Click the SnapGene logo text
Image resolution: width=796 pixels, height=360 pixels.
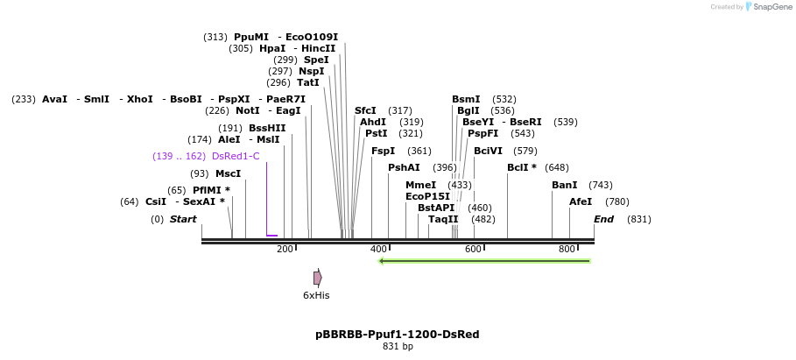[768, 6]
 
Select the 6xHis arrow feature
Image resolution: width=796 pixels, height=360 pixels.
[318, 278]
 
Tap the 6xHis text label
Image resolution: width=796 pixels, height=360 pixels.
[316, 296]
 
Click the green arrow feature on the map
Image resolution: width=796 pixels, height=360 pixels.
[484, 260]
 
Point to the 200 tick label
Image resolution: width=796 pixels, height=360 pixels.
[285, 250]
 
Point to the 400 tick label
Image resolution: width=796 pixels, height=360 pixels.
[378, 250]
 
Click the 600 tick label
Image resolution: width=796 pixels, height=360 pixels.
[473, 250]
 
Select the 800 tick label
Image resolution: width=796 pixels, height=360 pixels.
[567, 250]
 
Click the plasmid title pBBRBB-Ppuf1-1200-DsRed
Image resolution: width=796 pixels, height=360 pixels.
[398, 335]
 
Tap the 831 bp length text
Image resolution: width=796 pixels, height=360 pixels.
[398, 347]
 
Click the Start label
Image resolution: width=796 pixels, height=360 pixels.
[183, 219]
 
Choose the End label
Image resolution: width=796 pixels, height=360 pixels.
[603, 219]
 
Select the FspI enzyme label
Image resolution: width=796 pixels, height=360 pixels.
[383, 151]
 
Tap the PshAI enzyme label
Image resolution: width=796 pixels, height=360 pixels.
[404, 167]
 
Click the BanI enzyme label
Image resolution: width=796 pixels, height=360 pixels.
[564, 185]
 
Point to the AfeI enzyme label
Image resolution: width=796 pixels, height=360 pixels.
[581, 201]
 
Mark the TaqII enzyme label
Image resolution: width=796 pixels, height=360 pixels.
[443, 219]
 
